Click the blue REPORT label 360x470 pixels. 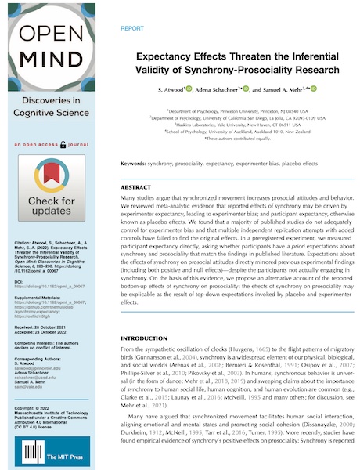point(132,27)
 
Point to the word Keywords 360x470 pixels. point(134,163)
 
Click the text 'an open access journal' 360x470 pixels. point(52,146)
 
